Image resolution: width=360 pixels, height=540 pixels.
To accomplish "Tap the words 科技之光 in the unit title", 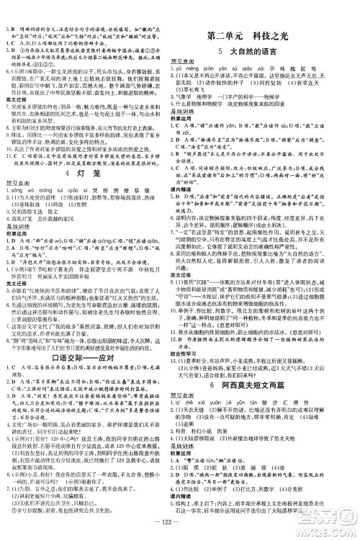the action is pyautogui.click(x=290, y=37).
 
